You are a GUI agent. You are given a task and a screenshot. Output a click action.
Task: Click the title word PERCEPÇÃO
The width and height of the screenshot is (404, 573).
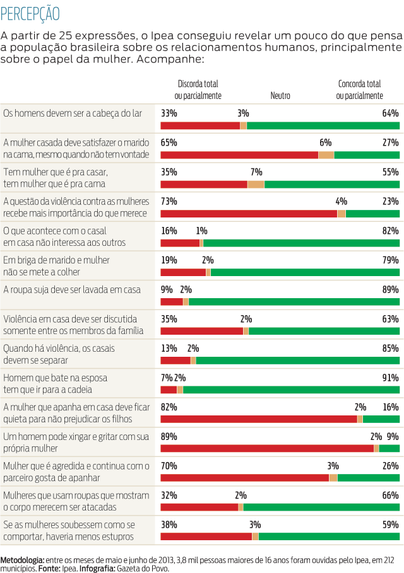31,13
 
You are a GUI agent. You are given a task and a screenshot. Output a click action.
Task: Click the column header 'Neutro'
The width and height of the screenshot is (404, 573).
280,96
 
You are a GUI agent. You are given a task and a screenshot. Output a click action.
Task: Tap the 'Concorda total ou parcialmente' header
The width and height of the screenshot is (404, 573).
359,90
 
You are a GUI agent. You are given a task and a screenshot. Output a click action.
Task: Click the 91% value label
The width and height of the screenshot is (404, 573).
390,378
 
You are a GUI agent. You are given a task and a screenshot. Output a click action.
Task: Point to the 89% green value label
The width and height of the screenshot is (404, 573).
390,289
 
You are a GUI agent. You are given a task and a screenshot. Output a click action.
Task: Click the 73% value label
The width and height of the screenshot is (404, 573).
169,201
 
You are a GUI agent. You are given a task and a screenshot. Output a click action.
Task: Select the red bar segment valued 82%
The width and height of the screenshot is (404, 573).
259,419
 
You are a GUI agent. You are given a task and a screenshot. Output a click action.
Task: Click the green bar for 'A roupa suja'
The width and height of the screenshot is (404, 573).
294,301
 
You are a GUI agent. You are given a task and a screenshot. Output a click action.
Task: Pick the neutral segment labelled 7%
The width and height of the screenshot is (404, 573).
256,184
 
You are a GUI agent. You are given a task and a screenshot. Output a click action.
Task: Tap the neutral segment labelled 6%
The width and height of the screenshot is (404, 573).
326,155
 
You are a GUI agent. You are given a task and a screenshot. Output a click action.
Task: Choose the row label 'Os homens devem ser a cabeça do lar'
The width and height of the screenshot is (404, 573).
73,113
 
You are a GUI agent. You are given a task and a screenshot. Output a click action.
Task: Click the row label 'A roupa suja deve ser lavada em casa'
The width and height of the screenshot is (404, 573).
72,289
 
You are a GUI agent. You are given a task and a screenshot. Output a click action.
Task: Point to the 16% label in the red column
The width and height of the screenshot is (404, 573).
169,231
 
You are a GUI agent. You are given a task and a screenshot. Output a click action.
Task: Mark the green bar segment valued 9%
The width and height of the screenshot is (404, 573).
389,448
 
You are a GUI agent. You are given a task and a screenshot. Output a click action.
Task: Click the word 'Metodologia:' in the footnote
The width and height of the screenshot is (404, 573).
22,559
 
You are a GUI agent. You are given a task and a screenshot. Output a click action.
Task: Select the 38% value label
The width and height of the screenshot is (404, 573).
169,524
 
